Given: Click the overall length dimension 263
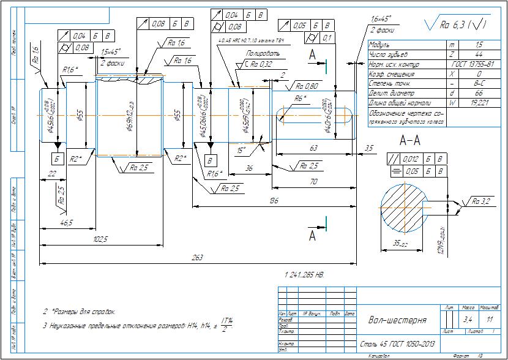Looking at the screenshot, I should pyautogui.click(x=197, y=258).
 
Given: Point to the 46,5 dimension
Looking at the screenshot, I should pyautogui.click(x=66, y=223).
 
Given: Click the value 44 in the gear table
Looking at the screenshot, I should pyautogui.click(x=479, y=54).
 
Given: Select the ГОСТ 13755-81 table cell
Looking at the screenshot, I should pyautogui.click(x=474, y=63).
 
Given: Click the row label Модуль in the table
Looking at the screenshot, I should pyautogui.click(x=380, y=45).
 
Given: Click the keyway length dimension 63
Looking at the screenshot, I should pyautogui.click(x=313, y=148).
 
